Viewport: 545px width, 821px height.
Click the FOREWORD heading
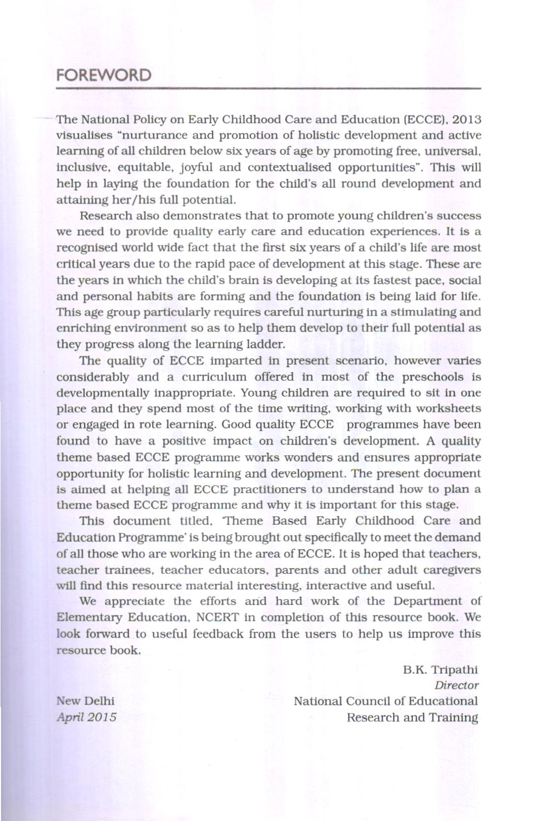point(103,75)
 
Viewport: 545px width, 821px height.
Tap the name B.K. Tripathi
point(440,669)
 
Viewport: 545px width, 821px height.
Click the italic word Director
point(456,685)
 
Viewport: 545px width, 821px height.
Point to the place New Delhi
point(86,701)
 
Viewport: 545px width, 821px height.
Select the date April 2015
point(87,717)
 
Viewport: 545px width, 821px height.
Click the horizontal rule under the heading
point(268,89)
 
